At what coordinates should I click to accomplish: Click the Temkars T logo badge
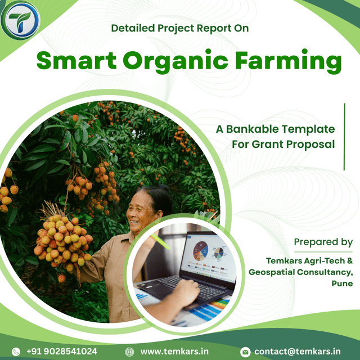pyautogui.click(x=20, y=20)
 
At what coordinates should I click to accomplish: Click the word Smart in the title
pyautogui.click(x=76, y=60)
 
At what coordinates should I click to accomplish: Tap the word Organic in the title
pyautogui.click(x=175, y=61)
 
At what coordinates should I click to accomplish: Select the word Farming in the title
pyautogui.click(x=289, y=61)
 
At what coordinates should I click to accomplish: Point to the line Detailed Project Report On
pyautogui.click(x=180, y=28)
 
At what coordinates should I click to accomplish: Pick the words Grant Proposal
pyautogui.click(x=293, y=145)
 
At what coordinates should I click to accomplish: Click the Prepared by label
pyautogui.click(x=323, y=242)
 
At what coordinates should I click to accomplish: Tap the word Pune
pyautogui.click(x=342, y=283)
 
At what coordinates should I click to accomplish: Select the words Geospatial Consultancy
pyautogui.click(x=300, y=272)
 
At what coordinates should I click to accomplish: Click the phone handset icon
pyautogui.click(x=16, y=352)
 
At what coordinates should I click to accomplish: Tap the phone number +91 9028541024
pyautogui.click(x=62, y=351)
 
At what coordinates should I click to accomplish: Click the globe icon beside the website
pyautogui.click(x=129, y=352)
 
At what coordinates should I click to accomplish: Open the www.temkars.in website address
pyautogui.click(x=174, y=352)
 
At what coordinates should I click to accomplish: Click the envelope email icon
pyautogui.click(x=245, y=352)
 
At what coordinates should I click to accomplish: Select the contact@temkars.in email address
pyautogui.click(x=298, y=352)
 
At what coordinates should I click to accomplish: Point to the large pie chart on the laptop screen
pyautogui.click(x=200, y=251)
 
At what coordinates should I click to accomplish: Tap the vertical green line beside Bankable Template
pyautogui.click(x=344, y=137)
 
